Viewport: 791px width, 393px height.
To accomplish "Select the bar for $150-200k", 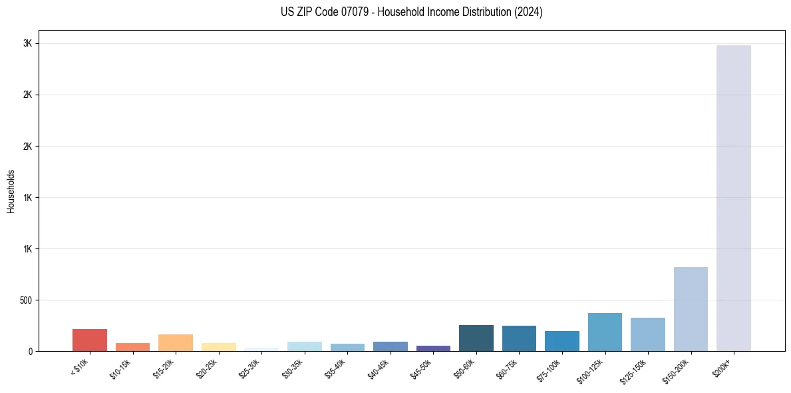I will (691, 309).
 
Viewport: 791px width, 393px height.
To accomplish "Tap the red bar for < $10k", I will (90, 340).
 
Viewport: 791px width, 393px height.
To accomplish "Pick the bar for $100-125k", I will (605, 332).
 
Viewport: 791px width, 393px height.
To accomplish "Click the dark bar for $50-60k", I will (476, 338).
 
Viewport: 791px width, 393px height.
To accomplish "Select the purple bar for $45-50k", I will (433, 348).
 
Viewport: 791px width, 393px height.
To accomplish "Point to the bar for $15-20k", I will (176, 342).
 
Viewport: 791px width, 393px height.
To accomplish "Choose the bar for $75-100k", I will (561, 341).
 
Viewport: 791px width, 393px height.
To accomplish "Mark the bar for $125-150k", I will (647, 334).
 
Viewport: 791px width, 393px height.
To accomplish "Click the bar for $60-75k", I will (519, 338).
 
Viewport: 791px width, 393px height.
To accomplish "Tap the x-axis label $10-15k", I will (121, 367).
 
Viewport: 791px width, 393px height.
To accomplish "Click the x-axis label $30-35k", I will (293, 367).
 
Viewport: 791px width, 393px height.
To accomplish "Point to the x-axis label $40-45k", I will (379, 367).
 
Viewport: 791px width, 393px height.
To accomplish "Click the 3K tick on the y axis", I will (27, 43).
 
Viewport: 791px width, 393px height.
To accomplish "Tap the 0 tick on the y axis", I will (29, 351).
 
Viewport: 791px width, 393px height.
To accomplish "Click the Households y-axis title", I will (11, 191).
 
